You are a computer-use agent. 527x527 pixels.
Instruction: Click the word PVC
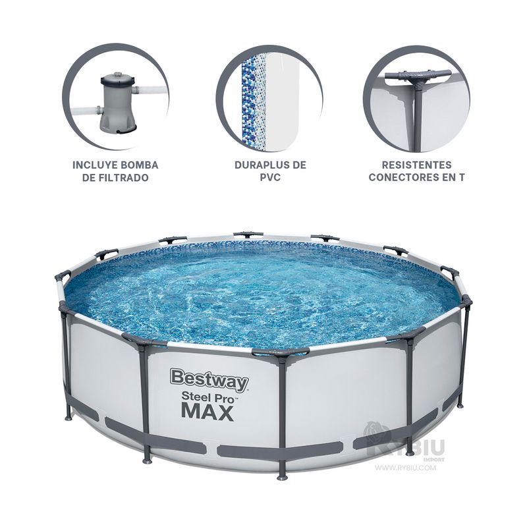click(x=270, y=177)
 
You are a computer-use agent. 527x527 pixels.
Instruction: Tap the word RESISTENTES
click(x=417, y=165)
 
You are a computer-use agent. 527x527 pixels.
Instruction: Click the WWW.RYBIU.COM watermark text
click(x=405, y=468)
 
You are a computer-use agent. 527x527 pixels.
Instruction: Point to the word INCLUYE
click(x=94, y=165)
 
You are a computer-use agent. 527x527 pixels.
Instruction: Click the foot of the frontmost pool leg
click(x=282, y=477)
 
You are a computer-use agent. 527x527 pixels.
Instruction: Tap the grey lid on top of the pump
click(x=119, y=79)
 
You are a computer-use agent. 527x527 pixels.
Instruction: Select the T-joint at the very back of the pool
click(x=248, y=234)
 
